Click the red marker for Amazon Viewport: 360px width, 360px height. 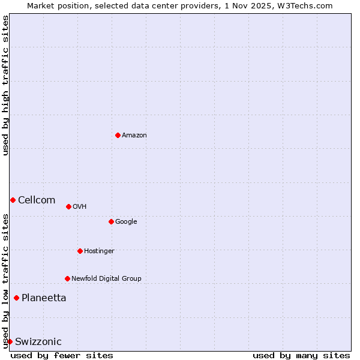(x=118, y=135)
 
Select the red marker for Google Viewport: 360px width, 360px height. (x=111, y=221)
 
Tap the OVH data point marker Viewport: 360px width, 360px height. (x=68, y=206)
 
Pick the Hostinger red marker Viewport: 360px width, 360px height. (x=80, y=251)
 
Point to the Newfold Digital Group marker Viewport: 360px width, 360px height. (x=67, y=278)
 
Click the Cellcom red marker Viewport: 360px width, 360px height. (x=13, y=200)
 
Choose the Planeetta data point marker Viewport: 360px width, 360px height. (x=16, y=298)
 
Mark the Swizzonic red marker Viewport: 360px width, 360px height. (x=10, y=341)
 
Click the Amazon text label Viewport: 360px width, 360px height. (x=134, y=136)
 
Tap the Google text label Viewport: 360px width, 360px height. (x=126, y=222)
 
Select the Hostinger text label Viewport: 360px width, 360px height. (x=99, y=251)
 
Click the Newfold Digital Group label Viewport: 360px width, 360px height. (x=106, y=279)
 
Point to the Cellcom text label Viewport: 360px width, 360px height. (x=37, y=200)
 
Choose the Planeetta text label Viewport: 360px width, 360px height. (x=44, y=298)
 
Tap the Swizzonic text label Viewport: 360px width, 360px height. (x=38, y=342)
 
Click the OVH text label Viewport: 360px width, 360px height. (x=80, y=207)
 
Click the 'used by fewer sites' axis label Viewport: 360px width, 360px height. (x=62, y=355)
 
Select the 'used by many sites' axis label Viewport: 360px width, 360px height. (x=301, y=355)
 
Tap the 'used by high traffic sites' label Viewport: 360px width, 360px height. (x=5, y=85)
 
